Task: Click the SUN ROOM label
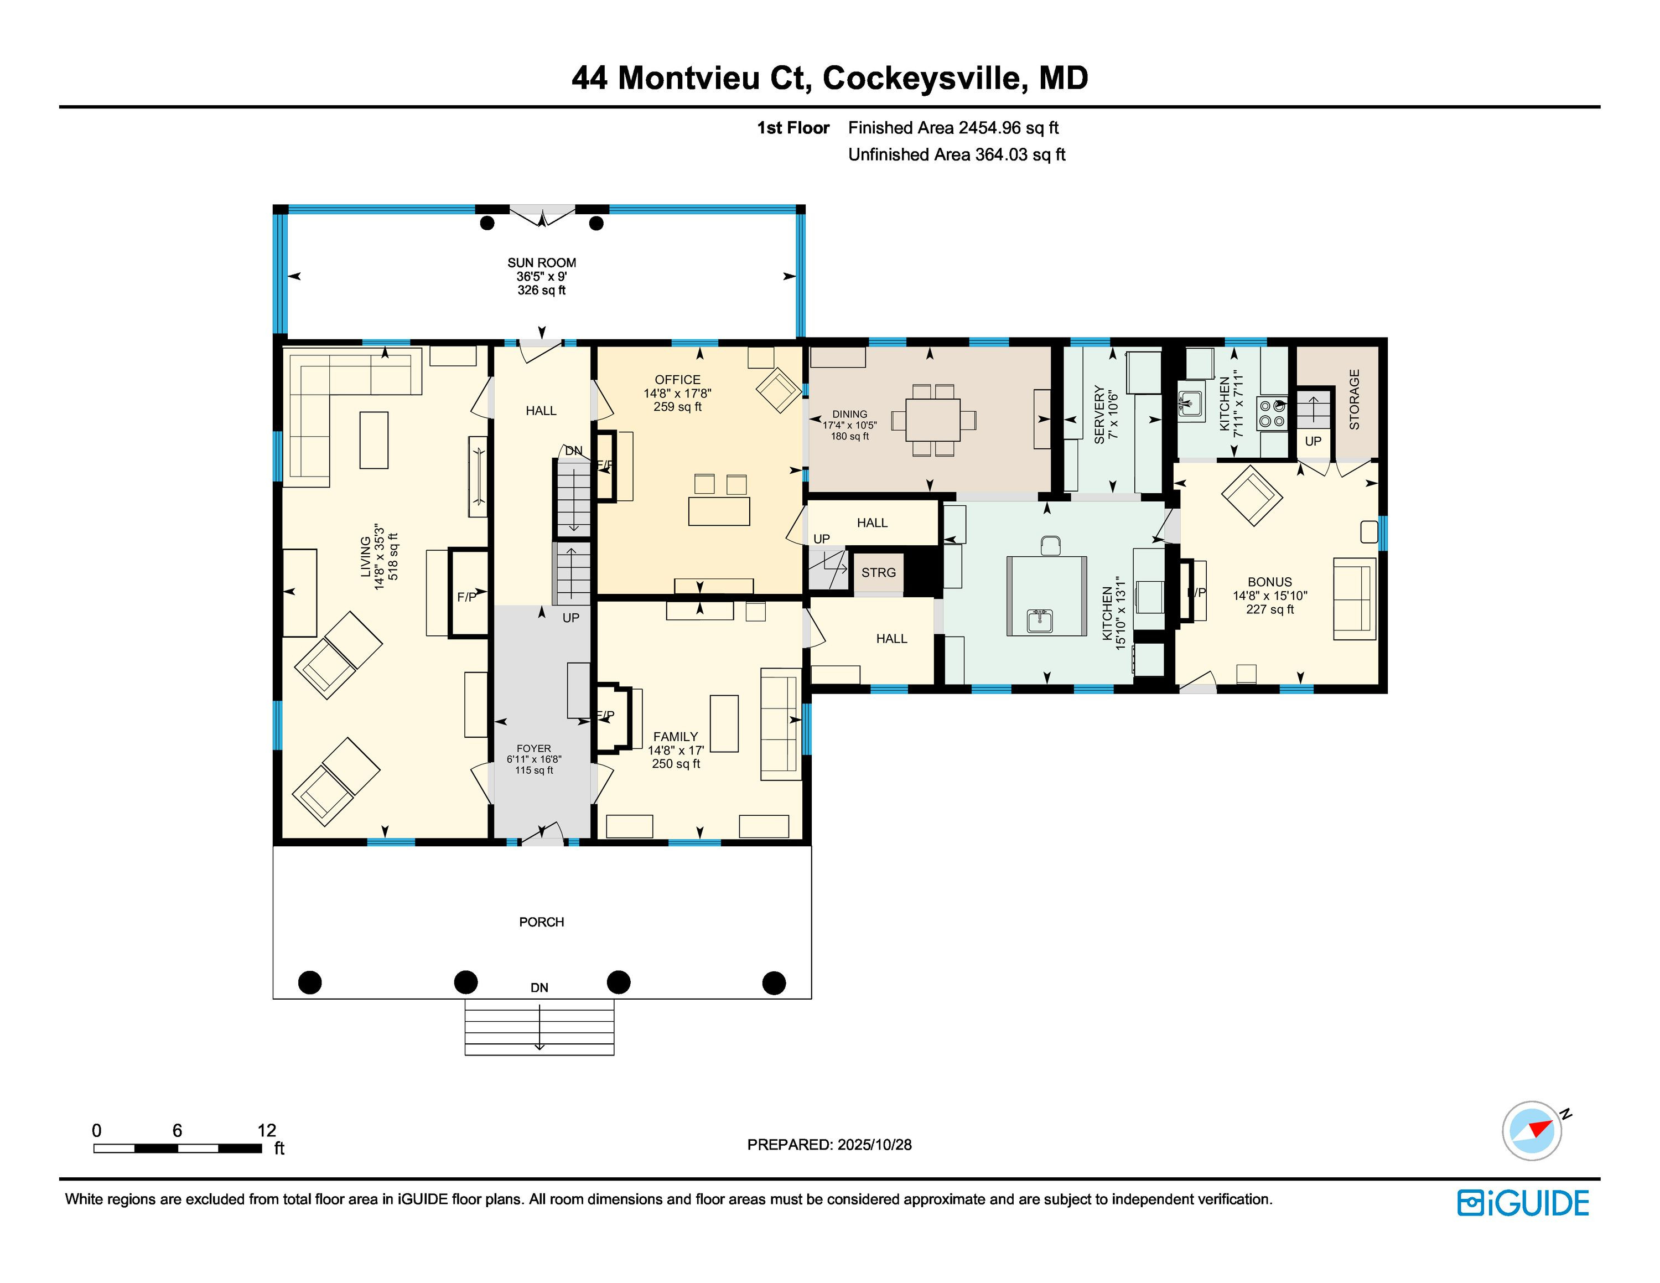541,263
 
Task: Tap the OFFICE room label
677,379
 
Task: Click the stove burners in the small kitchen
1272,413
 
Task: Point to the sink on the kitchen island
1039,621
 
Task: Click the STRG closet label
879,572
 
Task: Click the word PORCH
541,922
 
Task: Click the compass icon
1532,1130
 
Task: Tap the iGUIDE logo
1523,1202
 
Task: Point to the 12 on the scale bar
267,1130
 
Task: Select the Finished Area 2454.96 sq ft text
953,128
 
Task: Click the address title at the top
830,77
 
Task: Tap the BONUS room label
1269,582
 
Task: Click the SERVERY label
1099,414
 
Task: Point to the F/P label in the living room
466,597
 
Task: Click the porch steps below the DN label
539,1027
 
